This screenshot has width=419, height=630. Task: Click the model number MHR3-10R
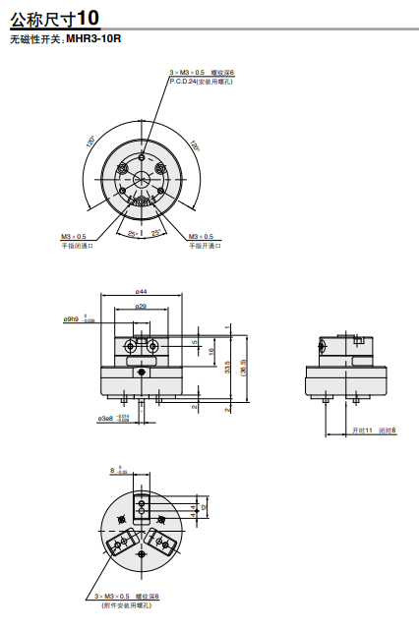coord(93,39)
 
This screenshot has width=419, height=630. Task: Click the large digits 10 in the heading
coord(88,17)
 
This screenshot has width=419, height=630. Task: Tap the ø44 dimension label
coord(142,292)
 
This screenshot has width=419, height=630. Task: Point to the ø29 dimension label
coord(142,308)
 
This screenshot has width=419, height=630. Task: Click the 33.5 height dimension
coord(228,367)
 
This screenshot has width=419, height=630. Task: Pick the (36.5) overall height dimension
coord(244,365)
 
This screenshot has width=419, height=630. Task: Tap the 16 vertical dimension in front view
coord(210,350)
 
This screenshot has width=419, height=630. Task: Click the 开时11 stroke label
coord(362,430)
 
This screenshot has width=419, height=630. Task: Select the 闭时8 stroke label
coord(387,430)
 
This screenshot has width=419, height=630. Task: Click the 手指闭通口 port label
coord(76,245)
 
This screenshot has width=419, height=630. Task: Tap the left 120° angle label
coord(90,143)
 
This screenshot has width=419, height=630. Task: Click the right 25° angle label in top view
coord(155,233)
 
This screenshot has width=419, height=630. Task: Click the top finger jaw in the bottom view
coord(143,510)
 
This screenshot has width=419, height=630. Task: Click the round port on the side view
coord(325,345)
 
